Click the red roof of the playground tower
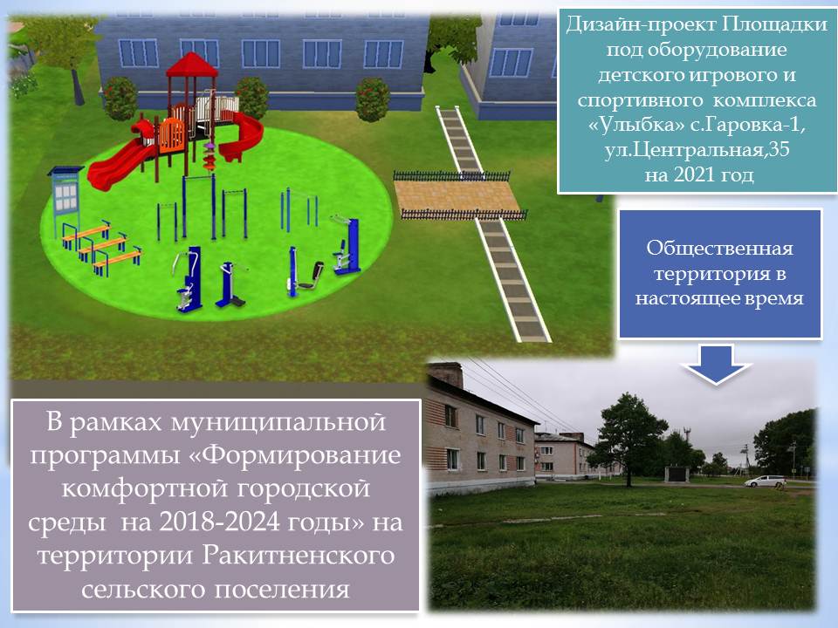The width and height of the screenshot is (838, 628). tap(192, 65)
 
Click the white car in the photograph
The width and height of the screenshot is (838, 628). tap(766, 481)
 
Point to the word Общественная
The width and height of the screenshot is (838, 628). tap(719, 249)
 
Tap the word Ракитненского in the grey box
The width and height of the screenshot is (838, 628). tap(299, 556)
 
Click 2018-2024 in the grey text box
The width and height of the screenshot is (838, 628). tap(220, 522)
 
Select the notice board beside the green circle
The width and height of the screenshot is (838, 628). tap(65, 198)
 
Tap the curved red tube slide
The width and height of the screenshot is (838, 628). tap(242, 136)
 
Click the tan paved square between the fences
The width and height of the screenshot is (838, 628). tap(457, 195)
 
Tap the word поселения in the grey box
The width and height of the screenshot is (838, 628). tap(282, 590)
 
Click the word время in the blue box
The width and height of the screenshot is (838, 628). tap(773, 298)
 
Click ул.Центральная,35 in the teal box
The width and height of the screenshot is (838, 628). tap(697, 150)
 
